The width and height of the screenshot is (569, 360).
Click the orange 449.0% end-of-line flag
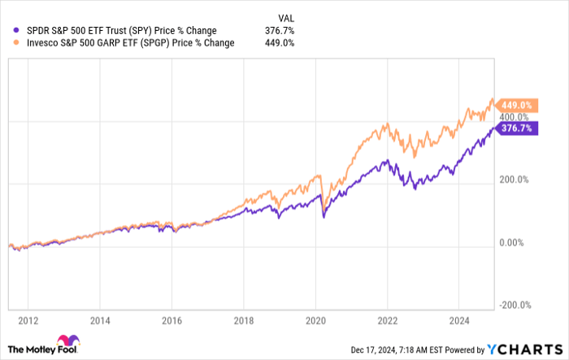[x=516, y=105]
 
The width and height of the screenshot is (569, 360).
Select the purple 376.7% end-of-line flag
[x=516, y=128]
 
